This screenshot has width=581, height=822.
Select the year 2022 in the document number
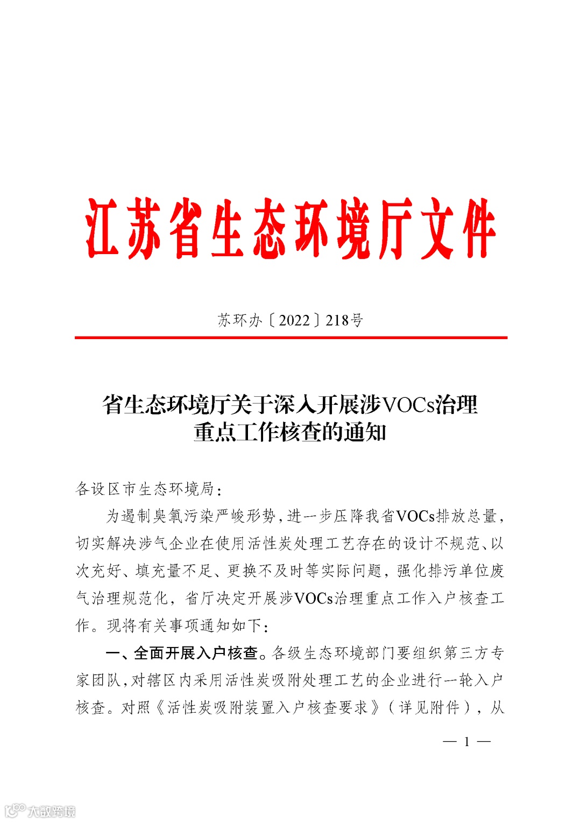click(294, 320)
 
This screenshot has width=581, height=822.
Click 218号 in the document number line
click(344, 320)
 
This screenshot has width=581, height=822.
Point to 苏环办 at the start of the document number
click(240, 320)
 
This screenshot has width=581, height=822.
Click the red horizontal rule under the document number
click(290, 338)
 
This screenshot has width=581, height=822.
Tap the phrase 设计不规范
click(441, 544)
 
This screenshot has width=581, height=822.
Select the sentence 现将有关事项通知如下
click(183, 626)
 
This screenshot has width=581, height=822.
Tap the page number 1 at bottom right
click(467, 742)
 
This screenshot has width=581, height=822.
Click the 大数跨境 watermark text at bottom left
click(51, 811)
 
